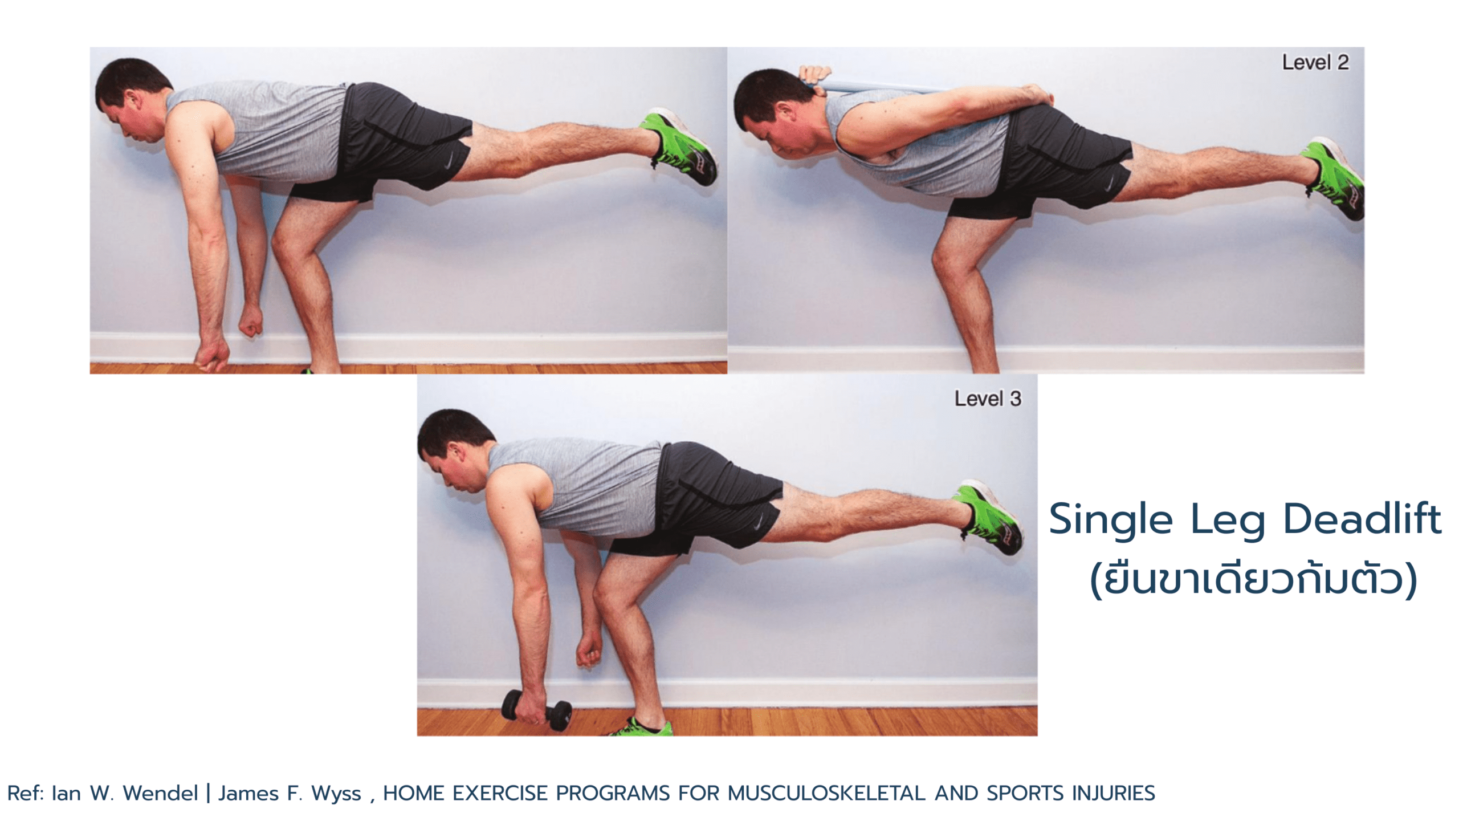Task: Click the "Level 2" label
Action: click(x=1315, y=62)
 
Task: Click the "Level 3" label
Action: click(x=988, y=399)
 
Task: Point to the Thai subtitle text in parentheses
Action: click(x=1253, y=579)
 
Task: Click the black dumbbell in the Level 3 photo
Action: click(x=536, y=710)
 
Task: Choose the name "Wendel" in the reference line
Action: click(x=160, y=793)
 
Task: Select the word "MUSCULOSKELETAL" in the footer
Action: click(x=826, y=793)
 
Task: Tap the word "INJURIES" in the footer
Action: click(x=1114, y=793)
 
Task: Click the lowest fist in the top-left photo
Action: click(x=211, y=356)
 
